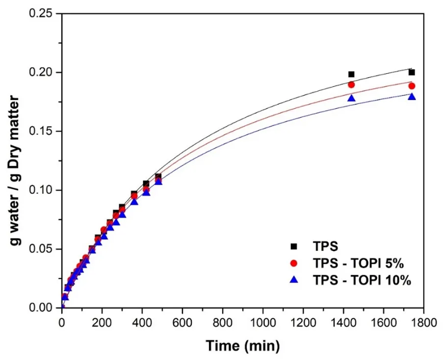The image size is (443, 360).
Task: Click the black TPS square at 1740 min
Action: pyautogui.click(x=412, y=72)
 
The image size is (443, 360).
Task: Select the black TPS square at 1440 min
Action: pyautogui.click(x=351, y=75)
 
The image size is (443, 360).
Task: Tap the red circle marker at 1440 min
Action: pyautogui.click(x=351, y=84)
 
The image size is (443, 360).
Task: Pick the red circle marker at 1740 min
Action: pyautogui.click(x=412, y=86)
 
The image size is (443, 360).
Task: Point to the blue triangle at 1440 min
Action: pyautogui.click(x=351, y=98)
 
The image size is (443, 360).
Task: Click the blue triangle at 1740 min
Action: pyautogui.click(x=412, y=96)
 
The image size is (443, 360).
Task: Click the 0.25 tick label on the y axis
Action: pyautogui.click(x=40, y=13)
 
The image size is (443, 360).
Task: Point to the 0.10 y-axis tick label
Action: pyautogui.click(x=40, y=190)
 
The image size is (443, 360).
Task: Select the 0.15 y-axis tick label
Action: pyautogui.click(x=40, y=131)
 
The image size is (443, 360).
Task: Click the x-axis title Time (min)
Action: pyautogui.click(x=243, y=346)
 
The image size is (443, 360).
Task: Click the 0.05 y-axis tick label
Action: pyautogui.click(x=40, y=249)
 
